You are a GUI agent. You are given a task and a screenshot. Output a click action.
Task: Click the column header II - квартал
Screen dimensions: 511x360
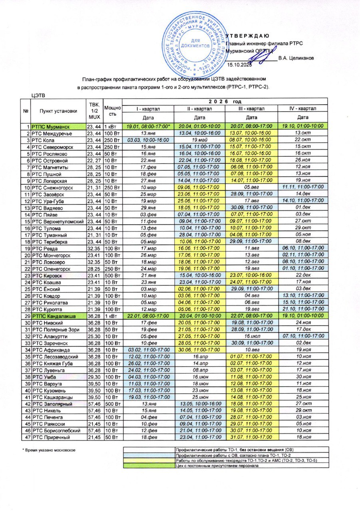199,109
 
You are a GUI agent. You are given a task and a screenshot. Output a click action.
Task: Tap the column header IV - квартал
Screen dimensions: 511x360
302,109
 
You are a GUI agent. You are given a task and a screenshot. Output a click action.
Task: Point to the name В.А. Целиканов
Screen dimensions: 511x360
296,58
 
